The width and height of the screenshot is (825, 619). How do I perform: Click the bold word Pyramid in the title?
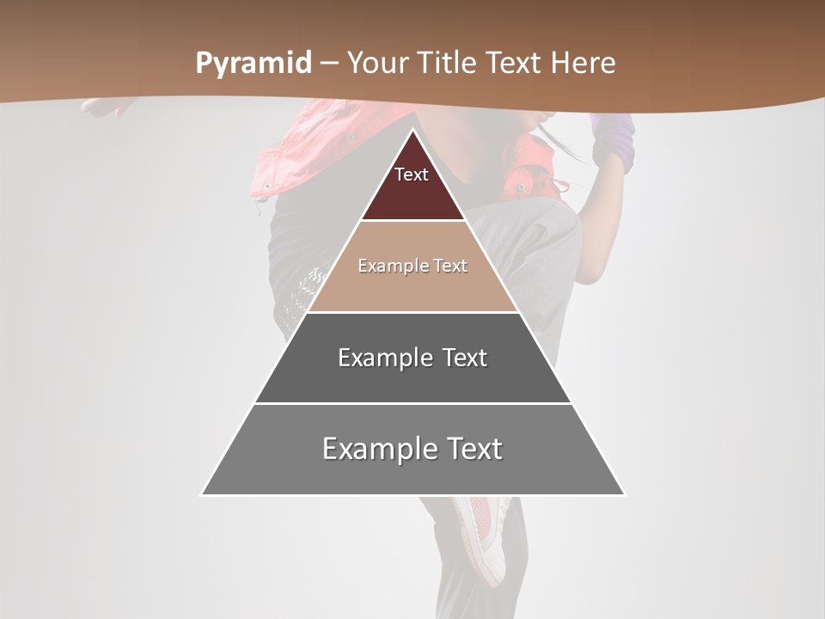click(x=254, y=64)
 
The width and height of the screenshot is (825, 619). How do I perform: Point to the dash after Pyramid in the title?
click(x=329, y=64)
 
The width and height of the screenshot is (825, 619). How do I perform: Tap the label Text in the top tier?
click(x=412, y=175)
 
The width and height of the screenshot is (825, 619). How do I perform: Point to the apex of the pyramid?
click(x=412, y=131)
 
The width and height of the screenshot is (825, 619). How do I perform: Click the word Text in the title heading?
click(x=515, y=64)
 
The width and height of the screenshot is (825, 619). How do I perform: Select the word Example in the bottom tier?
click(x=375, y=449)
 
